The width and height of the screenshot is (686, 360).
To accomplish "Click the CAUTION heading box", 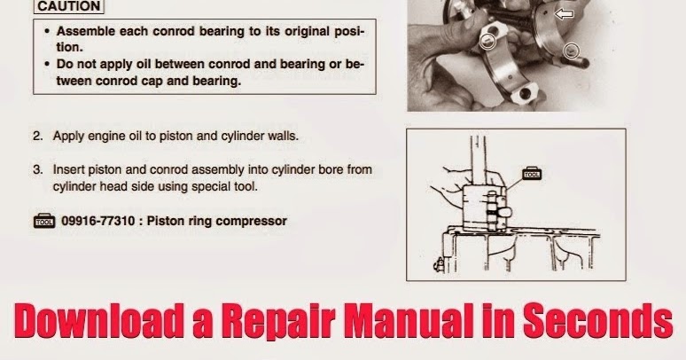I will pos(66,6).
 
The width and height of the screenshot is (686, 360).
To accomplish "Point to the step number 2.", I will pos(37,137).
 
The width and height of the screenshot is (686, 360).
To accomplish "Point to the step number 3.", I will pos(37,168).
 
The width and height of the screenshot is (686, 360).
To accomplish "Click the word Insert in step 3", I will pos(69,168).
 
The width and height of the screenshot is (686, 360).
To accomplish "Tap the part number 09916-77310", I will pos(98,221).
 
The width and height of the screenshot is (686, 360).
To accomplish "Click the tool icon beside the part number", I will pos(43,221).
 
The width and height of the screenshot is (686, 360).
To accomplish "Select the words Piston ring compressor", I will pos(230,221).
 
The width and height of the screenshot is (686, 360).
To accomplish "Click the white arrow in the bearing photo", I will pos(563,14).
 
